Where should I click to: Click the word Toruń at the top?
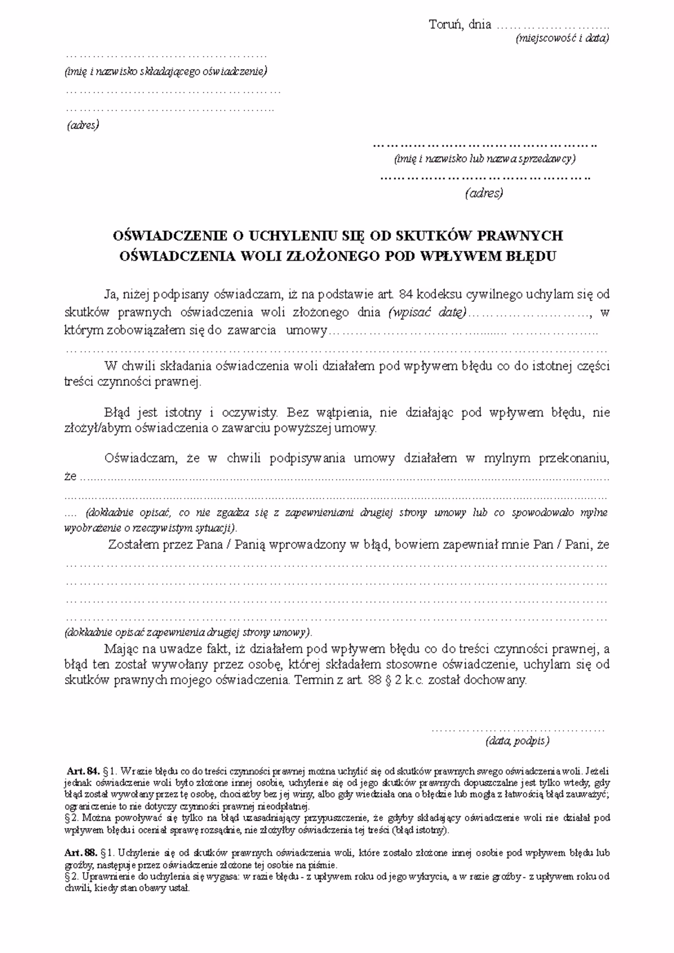[x=445, y=25]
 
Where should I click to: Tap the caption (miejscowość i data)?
[x=562, y=39]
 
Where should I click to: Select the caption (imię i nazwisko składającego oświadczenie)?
[x=166, y=71]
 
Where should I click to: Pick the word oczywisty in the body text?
[x=251, y=413]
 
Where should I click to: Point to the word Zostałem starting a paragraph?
[x=130, y=544]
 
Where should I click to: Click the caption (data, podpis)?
[x=517, y=741]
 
